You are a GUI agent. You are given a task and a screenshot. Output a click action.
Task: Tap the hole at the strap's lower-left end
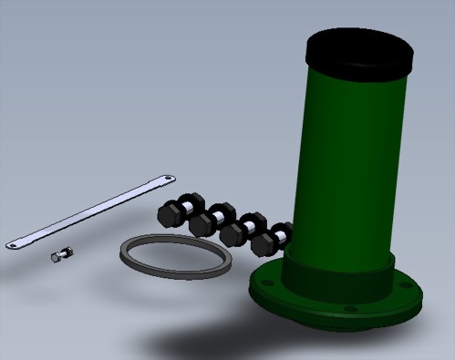tap(13, 242)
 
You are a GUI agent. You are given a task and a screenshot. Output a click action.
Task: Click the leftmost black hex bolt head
tap(170, 215)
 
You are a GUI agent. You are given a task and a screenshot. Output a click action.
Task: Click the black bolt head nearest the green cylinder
tap(266, 242)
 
